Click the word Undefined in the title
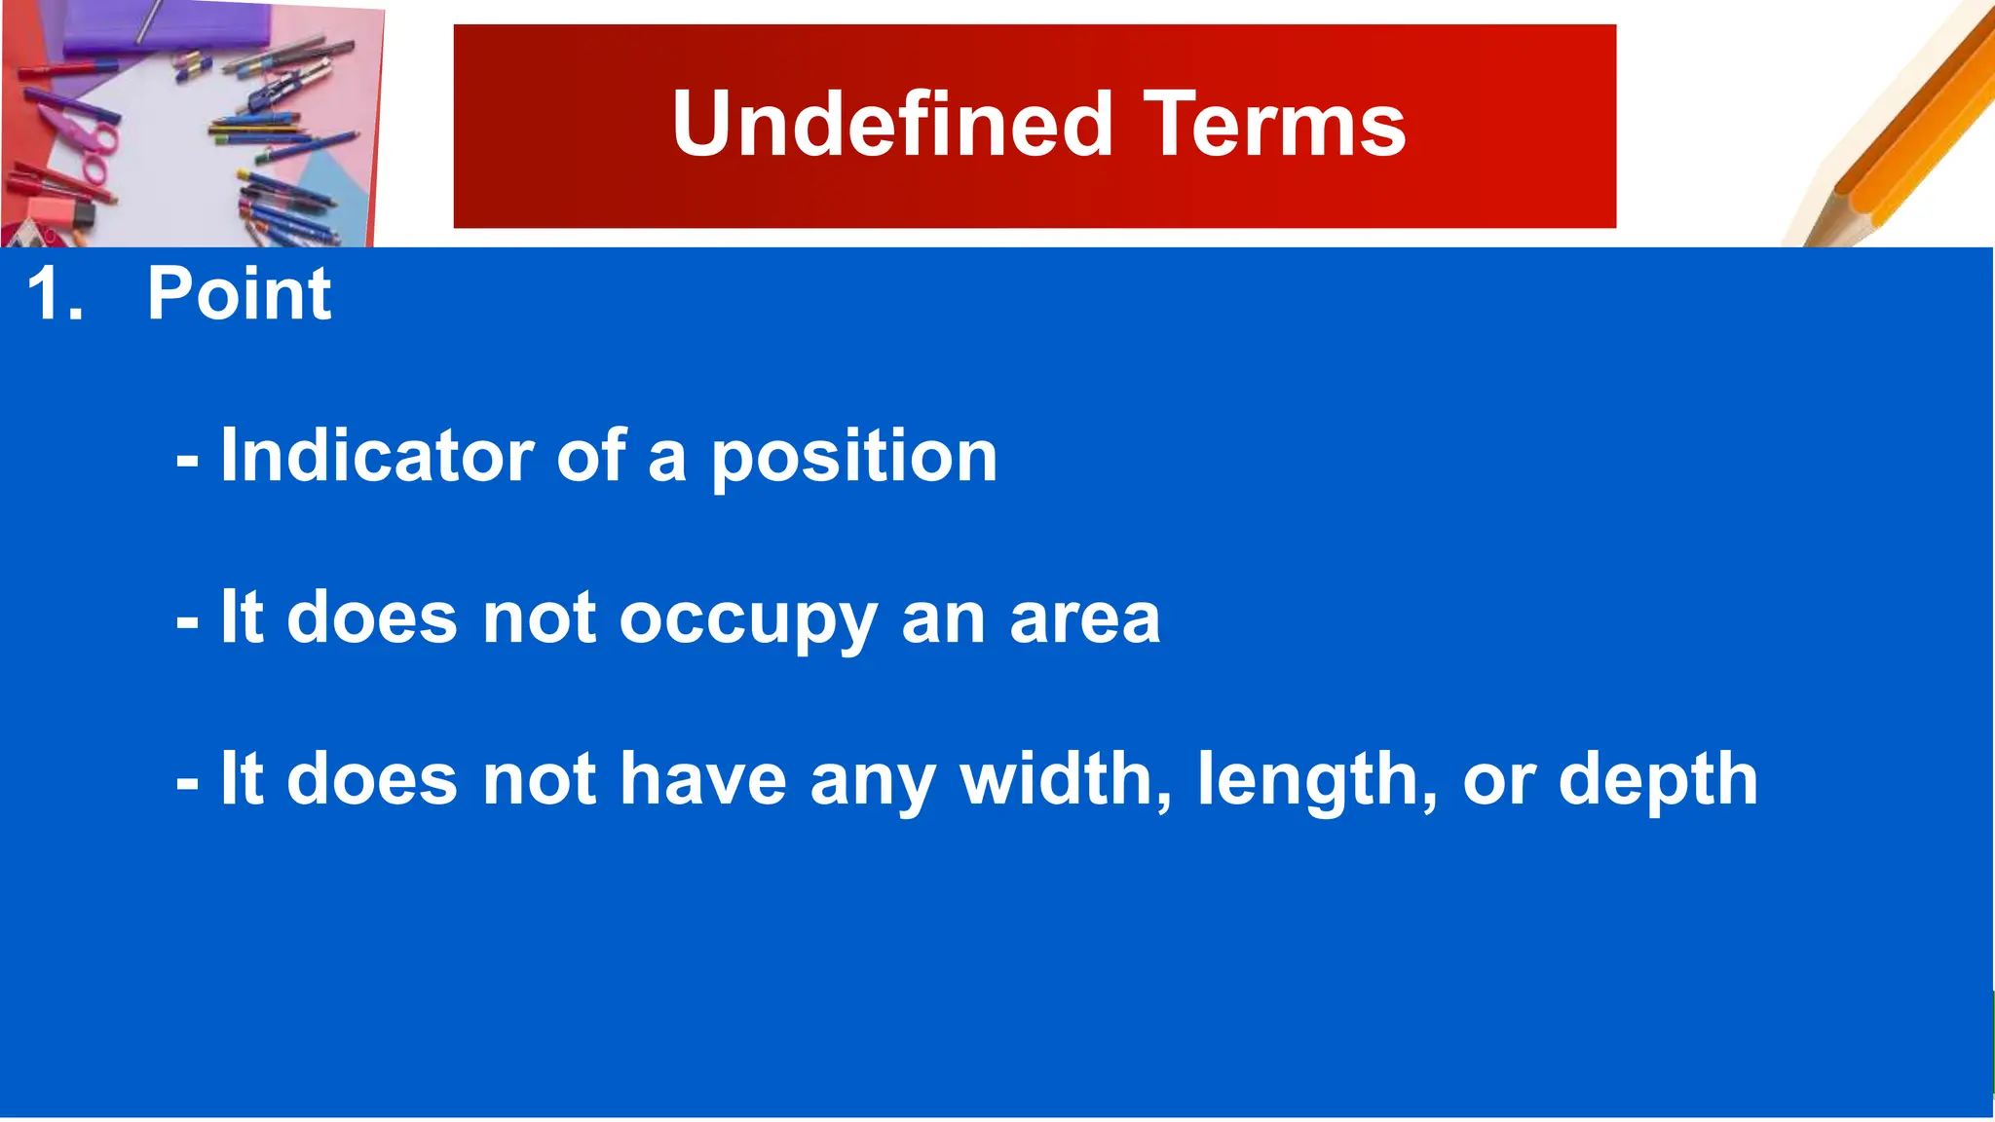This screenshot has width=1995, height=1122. [891, 125]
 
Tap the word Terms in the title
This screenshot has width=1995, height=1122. [1274, 125]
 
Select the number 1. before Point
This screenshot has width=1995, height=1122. [56, 293]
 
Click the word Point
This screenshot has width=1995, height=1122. [239, 293]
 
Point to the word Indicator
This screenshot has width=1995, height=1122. [376, 455]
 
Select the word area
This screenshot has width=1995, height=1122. [1084, 619]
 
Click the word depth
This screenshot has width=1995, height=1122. [1658, 781]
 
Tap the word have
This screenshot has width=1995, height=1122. [702, 779]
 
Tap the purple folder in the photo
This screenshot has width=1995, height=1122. [166, 24]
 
